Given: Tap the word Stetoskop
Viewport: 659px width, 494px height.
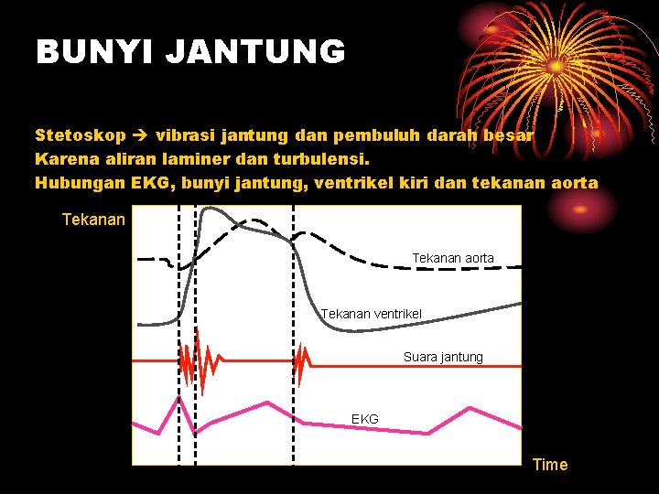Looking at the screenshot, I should tap(81, 135).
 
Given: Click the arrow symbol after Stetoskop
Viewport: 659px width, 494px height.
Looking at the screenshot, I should tap(141, 135).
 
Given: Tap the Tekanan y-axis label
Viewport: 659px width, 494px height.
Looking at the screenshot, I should tap(93, 220).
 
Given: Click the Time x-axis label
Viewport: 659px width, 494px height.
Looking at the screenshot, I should tap(549, 465).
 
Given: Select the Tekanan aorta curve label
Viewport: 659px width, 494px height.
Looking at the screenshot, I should tap(452, 259).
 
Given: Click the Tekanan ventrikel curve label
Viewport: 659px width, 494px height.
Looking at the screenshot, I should tap(372, 314).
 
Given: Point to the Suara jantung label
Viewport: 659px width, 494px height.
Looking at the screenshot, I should tap(443, 357).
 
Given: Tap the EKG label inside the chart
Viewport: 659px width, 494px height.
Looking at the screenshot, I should tap(364, 419).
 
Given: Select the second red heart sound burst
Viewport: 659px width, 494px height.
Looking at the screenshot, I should tap(300, 363).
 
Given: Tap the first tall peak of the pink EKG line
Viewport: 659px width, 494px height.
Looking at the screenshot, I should tap(179, 398).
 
